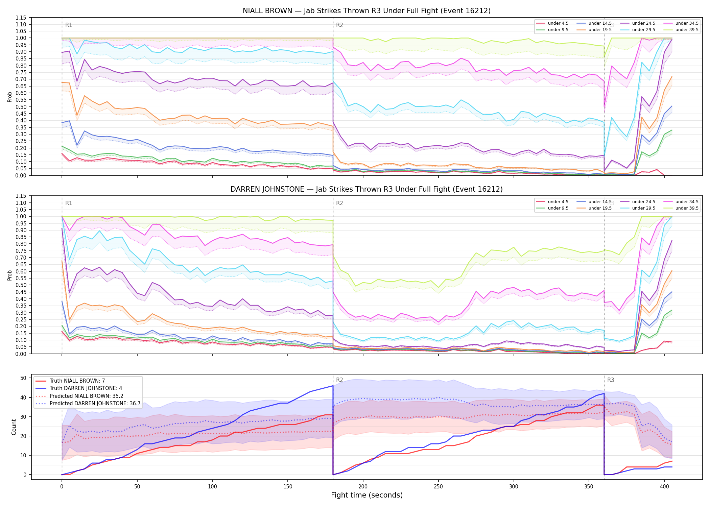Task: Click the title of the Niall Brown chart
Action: [x=366, y=11]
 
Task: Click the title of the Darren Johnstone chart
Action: [x=366, y=189]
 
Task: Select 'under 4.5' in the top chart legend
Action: [x=558, y=23]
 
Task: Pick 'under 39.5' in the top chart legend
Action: [x=687, y=30]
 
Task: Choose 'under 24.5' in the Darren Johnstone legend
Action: [x=643, y=202]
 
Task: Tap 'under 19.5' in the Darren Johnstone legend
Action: [x=600, y=208]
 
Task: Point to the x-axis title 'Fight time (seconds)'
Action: [x=366, y=495]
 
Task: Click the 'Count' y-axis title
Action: [x=14, y=427]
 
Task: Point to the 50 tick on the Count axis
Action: [x=23, y=378]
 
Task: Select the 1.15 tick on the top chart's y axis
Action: [x=21, y=18]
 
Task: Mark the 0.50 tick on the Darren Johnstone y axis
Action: [x=21, y=285]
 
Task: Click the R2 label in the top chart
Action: [x=339, y=25]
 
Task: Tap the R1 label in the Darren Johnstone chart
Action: [x=69, y=203]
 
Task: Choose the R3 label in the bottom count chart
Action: [x=611, y=380]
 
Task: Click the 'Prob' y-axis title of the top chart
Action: [x=10, y=97]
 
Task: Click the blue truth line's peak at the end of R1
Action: [x=333, y=386]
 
